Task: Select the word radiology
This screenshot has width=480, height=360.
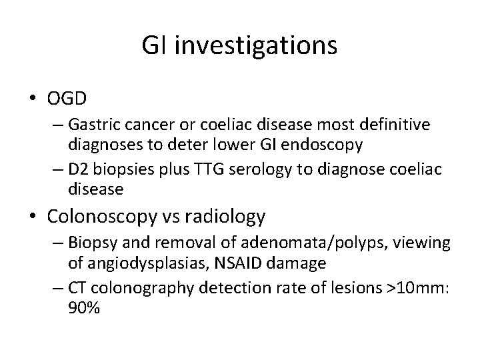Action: pyautogui.click(x=224, y=217)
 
